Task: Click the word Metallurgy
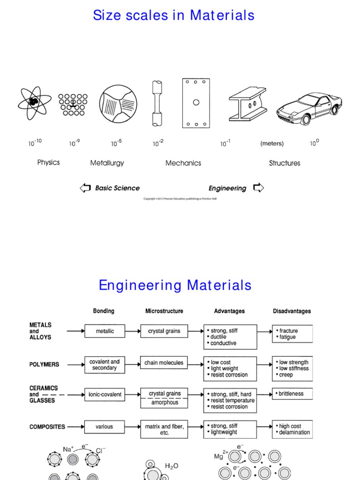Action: tap(107, 163)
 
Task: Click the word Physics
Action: tap(49, 163)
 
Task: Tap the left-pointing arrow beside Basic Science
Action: tap(85, 188)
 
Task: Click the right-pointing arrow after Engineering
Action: tap(258, 188)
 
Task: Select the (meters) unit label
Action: tap(272, 144)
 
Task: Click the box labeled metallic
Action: tap(105, 331)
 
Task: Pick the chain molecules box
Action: tap(164, 363)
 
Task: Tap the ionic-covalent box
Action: tap(105, 395)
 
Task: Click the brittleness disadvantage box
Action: tap(292, 394)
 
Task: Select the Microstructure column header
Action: tap(164, 311)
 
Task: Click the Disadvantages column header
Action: tap(292, 311)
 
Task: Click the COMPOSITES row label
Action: tap(47, 427)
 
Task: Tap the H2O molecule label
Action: tap(172, 466)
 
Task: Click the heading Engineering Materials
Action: tap(175, 285)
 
